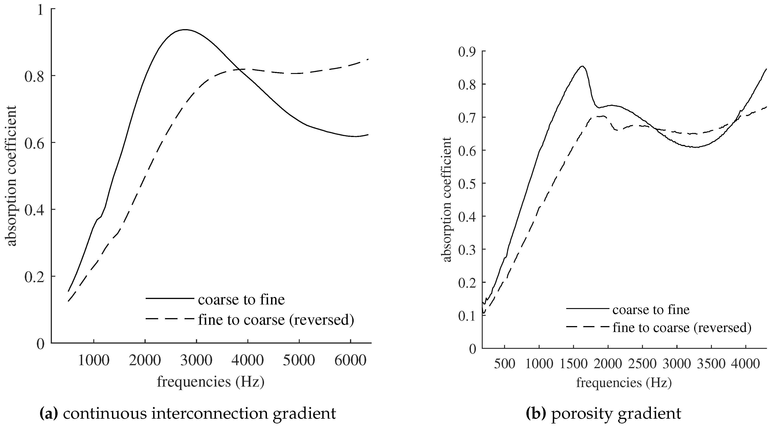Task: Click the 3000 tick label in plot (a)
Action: (196, 360)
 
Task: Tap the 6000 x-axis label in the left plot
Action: (350, 360)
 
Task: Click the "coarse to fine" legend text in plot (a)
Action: (241, 299)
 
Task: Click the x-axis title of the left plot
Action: (211, 382)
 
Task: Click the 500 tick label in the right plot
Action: (505, 364)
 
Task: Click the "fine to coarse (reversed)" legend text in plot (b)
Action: (682, 328)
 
